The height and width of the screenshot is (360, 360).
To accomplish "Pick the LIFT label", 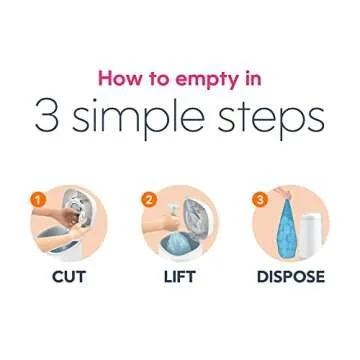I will coord(179,277).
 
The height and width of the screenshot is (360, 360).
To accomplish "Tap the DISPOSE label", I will coord(290,277).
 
